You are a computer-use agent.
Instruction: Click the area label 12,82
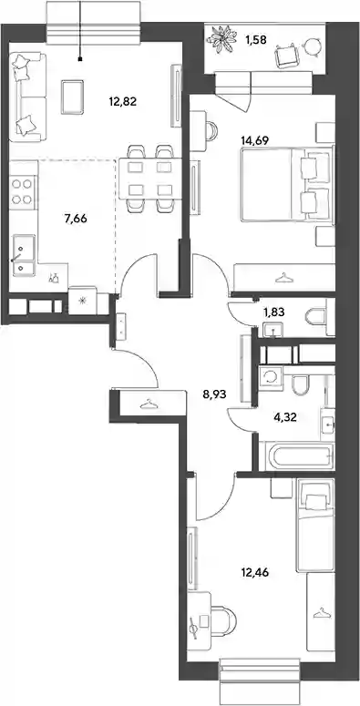[x=122, y=102]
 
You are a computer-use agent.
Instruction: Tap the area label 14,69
[x=254, y=140]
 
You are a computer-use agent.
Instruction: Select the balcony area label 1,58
[x=256, y=39]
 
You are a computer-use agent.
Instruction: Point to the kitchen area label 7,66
[x=76, y=219]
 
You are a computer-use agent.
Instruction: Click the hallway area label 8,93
[x=214, y=394]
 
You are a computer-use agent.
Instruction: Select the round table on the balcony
[x=311, y=46]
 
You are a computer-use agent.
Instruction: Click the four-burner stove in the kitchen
[x=23, y=191]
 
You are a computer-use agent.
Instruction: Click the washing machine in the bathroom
[x=271, y=377]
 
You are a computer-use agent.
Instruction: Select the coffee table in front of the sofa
[x=72, y=97]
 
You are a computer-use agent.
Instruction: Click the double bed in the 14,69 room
[x=286, y=185]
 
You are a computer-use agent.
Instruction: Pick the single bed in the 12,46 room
[x=315, y=525]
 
